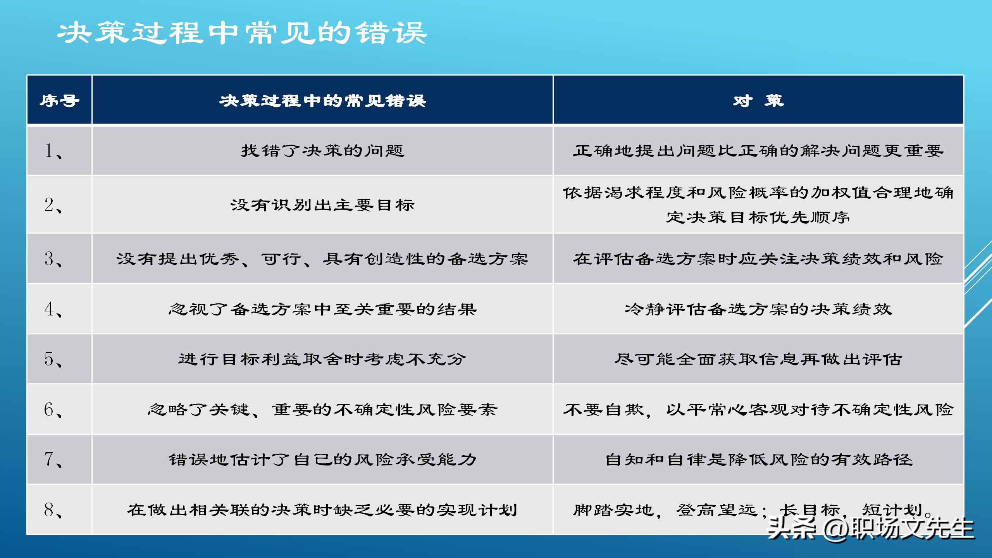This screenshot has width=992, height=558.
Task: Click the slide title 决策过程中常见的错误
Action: click(242, 33)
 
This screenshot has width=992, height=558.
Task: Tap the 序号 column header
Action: click(59, 101)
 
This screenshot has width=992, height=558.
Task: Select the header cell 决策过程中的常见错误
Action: click(322, 101)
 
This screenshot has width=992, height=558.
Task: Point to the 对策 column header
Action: click(758, 101)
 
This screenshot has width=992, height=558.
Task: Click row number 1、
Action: click(53, 151)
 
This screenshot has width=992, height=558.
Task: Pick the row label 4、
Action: click(53, 309)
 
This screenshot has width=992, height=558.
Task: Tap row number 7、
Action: click(53, 459)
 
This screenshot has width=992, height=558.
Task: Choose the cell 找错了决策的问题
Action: click(322, 151)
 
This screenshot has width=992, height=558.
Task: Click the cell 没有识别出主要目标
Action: click(322, 205)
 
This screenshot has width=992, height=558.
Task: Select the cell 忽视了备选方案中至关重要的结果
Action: click(322, 309)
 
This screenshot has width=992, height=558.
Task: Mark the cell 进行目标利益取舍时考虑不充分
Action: click(322, 359)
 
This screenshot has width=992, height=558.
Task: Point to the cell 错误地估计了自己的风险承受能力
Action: click(322, 460)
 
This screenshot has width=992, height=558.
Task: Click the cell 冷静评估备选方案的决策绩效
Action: click(758, 309)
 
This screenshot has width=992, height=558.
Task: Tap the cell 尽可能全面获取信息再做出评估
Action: click(758, 359)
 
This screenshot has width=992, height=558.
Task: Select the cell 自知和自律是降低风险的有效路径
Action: click(758, 460)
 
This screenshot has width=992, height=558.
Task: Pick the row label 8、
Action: click(53, 510)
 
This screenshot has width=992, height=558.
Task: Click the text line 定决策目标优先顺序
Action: click(758, 217)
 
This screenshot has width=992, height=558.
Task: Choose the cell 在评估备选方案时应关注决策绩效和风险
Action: click(758, 259)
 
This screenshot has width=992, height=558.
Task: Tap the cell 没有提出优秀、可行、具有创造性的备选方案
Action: click(322, 259)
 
